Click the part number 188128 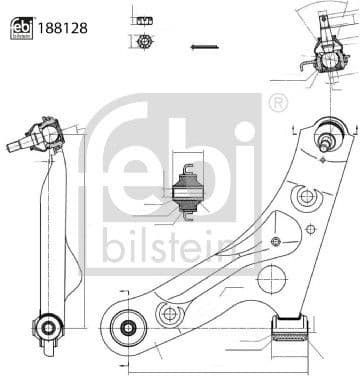click(x=63, y=28)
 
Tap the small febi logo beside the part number click(x=22, y=28)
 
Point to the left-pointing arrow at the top click(x=205, y=47)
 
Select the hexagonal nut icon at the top click(x=145, y=42)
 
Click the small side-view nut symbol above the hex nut click(x=145, y=21)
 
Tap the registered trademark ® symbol click(x=278, y=103)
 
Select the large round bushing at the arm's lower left click(x=128, y=328)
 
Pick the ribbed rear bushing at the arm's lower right click(x=290, y=328)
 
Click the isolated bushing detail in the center click(x=188, y=192)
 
